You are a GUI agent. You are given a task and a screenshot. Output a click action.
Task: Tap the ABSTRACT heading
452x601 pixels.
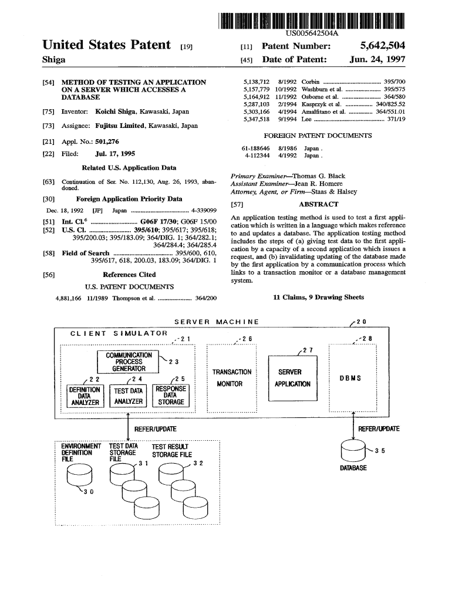tap(318, 204)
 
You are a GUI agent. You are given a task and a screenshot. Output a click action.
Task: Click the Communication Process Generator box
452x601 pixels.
tap(129, 362)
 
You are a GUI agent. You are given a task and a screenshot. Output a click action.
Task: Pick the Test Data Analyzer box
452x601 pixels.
tap(129, 396)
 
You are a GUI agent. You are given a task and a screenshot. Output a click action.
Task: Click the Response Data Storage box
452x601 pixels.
tap(170, 395)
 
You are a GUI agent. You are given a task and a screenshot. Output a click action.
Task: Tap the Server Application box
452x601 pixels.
tap(292, 378)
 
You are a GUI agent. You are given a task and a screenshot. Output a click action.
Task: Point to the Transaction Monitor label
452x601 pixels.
tap(231, 378)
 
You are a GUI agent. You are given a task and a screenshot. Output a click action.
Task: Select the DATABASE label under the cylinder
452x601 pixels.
tap(353, 468)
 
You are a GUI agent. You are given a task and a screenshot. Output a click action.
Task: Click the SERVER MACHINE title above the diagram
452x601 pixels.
tap(217, 322)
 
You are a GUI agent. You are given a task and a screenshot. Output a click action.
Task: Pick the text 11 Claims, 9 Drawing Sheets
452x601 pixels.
tap(319, 297)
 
